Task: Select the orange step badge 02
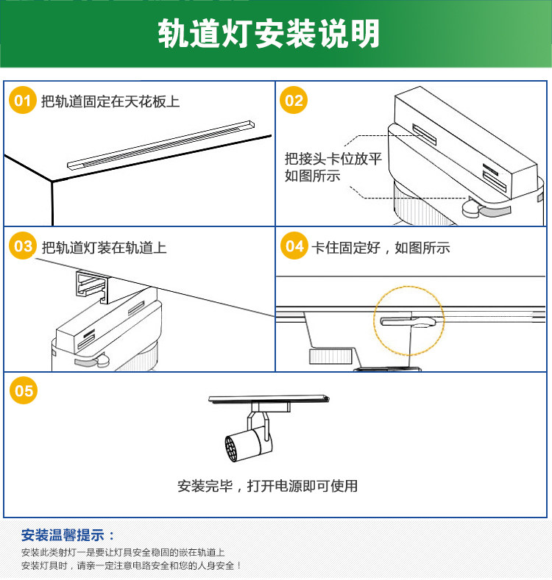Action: (x=294, y=101)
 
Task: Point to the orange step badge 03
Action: (x=24, y=246)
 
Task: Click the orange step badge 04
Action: (x=294, y=246)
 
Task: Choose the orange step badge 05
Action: (x=24, y=390)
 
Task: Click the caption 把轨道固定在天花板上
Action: (x=110, y=101)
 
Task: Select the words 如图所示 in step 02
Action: (x=313, y=176)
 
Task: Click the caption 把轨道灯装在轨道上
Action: (x=105, y=248)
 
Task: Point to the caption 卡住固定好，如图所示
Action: (x=381, y=248)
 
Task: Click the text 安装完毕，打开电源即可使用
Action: (x=267, y=486)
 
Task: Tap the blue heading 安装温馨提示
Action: (x=68, y=534)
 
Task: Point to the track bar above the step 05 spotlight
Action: (x=269, y=399)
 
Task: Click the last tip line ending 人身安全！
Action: (x=132, y=565)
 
